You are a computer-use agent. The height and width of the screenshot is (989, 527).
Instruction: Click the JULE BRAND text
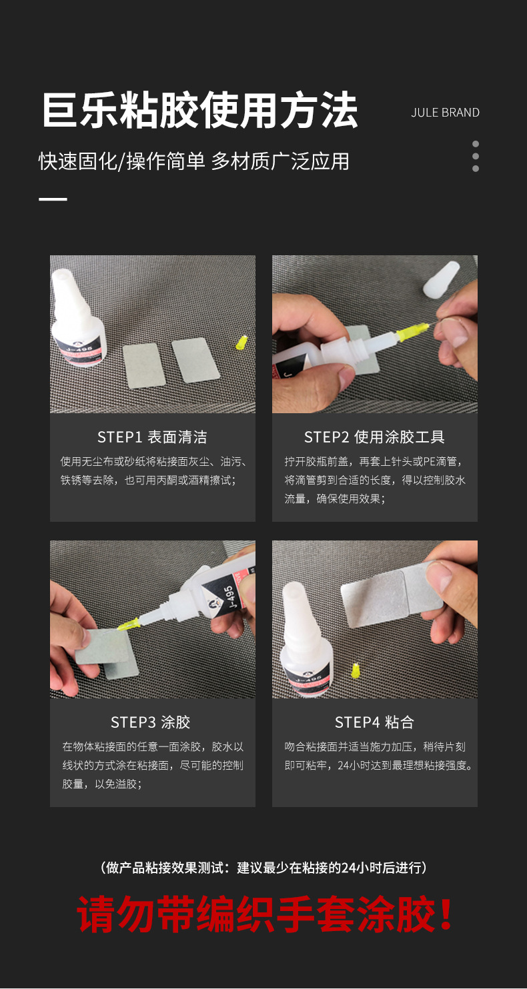click(445, 113)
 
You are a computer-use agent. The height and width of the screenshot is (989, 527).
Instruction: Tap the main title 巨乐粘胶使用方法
click(200, 111)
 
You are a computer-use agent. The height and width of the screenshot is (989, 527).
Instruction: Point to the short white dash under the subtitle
click(53, 199)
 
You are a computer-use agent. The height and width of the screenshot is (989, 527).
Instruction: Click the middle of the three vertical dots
click(476, 157)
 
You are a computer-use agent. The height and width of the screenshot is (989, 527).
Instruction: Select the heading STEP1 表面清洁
click(152, 437)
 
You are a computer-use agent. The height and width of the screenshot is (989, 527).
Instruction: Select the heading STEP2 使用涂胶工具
click(374, 437)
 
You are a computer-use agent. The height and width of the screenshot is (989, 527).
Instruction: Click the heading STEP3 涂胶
click(150, 722)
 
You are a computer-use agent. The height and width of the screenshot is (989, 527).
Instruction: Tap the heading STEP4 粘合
click(374, 722)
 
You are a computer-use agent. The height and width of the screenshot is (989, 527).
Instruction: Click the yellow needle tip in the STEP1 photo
click(242, 343)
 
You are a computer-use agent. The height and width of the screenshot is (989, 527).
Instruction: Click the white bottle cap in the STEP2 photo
click(442, 279)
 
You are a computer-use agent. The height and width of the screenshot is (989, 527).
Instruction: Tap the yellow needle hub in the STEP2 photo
click(412, 332)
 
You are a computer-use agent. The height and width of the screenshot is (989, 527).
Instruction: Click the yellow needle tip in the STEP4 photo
click(356, 670)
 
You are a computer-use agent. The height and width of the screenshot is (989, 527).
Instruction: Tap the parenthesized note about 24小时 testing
click(263, 868)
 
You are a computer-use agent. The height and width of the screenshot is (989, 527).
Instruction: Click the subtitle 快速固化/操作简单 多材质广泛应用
click(193, 161)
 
